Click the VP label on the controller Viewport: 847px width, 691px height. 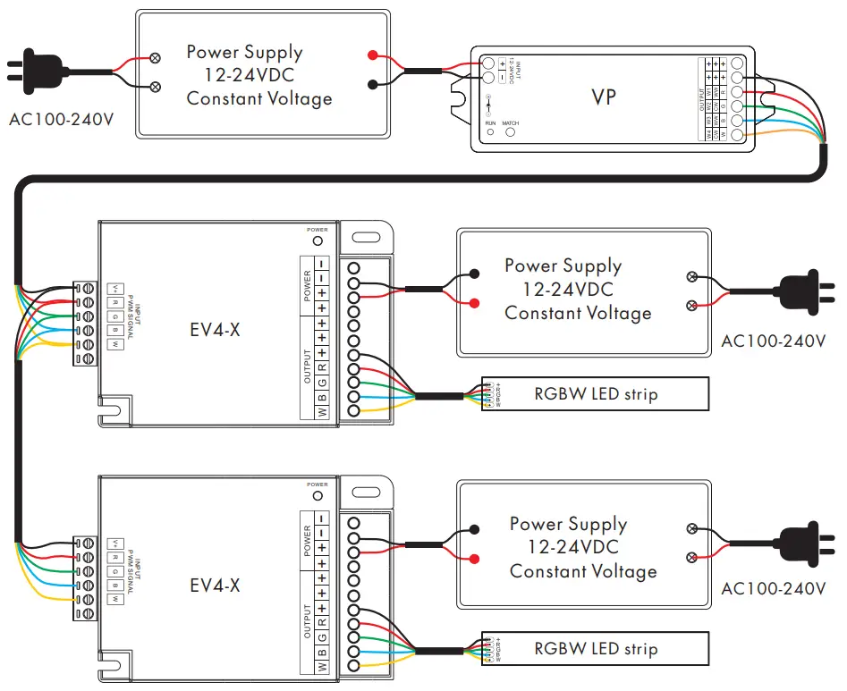604,96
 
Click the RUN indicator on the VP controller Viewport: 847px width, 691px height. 490,132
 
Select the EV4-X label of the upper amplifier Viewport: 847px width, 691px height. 215,332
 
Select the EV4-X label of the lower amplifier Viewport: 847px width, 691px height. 215,586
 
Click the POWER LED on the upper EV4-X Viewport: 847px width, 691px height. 317,240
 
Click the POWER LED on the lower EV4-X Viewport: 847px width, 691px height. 317,494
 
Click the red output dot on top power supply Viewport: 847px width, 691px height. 372,55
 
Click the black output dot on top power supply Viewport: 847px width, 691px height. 372,85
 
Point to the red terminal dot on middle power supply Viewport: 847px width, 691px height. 472,304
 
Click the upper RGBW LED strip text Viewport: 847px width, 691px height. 596,393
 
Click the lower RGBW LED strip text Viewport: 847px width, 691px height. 596,649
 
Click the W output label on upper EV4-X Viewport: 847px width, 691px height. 321,411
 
